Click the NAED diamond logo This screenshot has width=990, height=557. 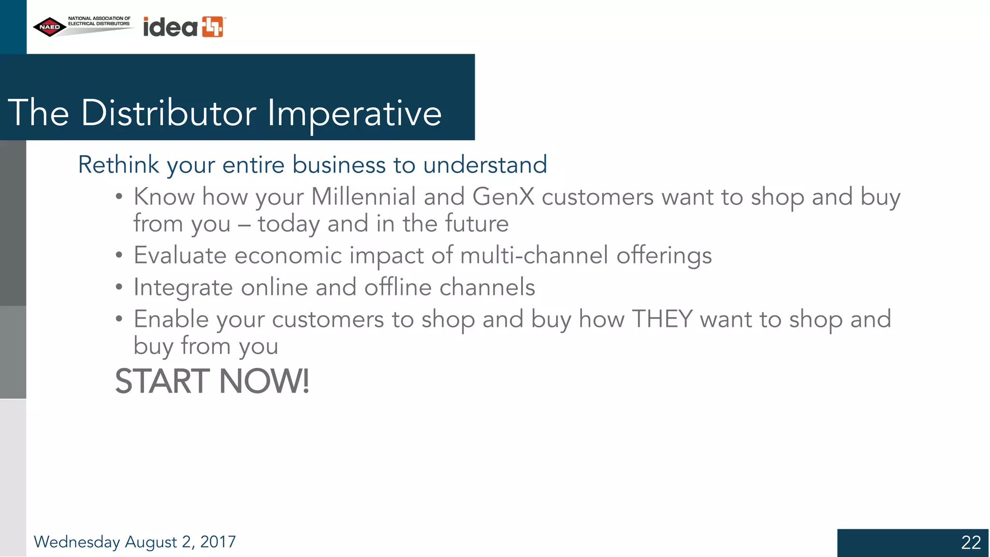[49, 27]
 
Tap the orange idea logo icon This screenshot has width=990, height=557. [213, 27]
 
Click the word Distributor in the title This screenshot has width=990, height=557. [168, 113]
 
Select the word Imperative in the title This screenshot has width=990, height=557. [354, 113]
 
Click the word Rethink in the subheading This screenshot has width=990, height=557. [118, 165]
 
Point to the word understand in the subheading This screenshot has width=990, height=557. [485, 165]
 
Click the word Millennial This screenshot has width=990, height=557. [363, 197]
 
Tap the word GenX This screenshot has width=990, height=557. [503, 197]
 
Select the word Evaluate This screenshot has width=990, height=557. [180, 255]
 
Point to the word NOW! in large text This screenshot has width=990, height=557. [264, 381]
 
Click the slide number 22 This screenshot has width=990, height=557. [971, 542]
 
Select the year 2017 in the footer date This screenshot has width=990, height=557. [218, 542]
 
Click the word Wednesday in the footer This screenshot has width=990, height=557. [77, 542]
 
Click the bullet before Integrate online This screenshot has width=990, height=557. [119, 287]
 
